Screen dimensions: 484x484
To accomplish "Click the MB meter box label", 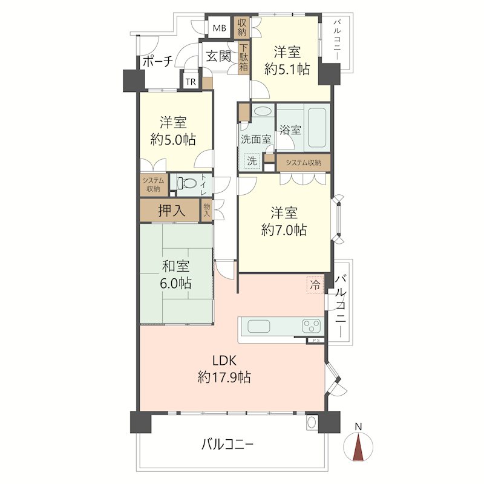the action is (x=220, y=28).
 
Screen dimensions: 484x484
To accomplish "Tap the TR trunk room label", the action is (x=191, y=82).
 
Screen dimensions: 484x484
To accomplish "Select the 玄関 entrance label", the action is (x=218, y=56).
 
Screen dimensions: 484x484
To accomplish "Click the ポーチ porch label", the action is (x=158, y=62).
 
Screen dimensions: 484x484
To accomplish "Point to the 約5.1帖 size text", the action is (x=287, y=69).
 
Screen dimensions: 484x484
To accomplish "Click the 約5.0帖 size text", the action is (x=173, y=140).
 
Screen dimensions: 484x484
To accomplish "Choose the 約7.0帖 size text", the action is (x=284, y=230).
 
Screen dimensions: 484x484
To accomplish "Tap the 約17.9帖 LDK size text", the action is (x=224, y=377).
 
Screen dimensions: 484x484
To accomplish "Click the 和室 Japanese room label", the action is (x=175, y=266).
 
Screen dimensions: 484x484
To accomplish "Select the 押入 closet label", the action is (x=172, y=211).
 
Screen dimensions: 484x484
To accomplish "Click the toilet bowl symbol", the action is (x=187, y=184).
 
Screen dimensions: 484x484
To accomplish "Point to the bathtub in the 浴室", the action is (x=316, y=128).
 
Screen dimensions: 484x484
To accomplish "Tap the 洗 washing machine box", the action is (x=252, y=161).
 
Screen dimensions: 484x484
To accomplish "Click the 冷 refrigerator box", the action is (x=315, y=285).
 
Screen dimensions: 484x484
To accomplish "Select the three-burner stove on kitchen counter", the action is (x=311, y=326).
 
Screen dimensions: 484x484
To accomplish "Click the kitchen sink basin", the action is (x=259, y=326).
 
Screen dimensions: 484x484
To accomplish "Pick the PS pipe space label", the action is (x=316, y=341).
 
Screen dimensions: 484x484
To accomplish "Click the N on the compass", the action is (x=358, y=427).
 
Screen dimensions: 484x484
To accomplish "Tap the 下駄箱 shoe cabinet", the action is (x=244, y=57).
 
